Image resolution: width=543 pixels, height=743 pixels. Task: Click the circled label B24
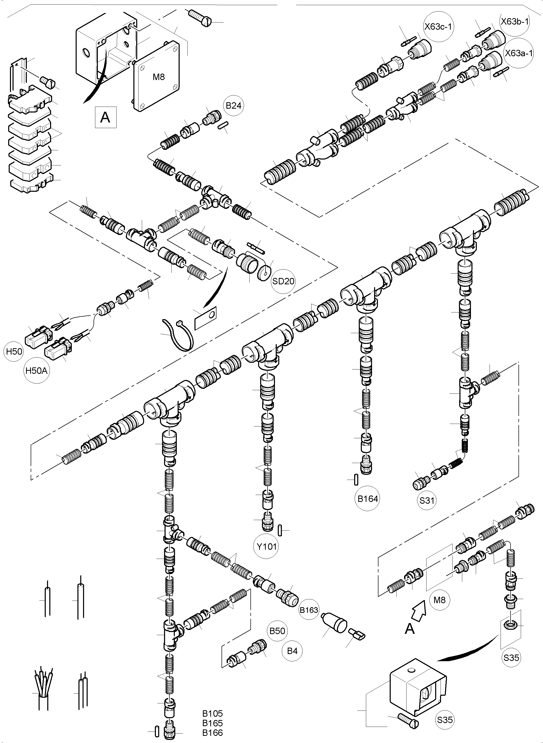(x=234, y=106)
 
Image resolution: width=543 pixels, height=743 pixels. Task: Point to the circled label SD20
(x=283, y=281)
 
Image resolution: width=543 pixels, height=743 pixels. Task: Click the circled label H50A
(x=37, y=371)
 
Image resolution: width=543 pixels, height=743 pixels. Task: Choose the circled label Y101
(x=267, y=547)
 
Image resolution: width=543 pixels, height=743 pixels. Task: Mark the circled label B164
(x=368, y=499)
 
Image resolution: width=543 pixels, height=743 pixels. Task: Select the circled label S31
(x=427, y=500)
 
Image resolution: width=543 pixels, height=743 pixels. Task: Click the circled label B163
(x=309, y=610)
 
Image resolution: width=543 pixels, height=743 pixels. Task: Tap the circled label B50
(x=277, y=631)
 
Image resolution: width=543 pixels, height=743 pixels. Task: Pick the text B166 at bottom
(x=212, y=733)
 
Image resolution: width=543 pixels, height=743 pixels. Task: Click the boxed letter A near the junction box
(x=105, y=117)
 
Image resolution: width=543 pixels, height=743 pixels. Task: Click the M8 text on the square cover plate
(x=159, y=77)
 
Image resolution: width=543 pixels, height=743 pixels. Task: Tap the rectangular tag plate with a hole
(x=206, y=317)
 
